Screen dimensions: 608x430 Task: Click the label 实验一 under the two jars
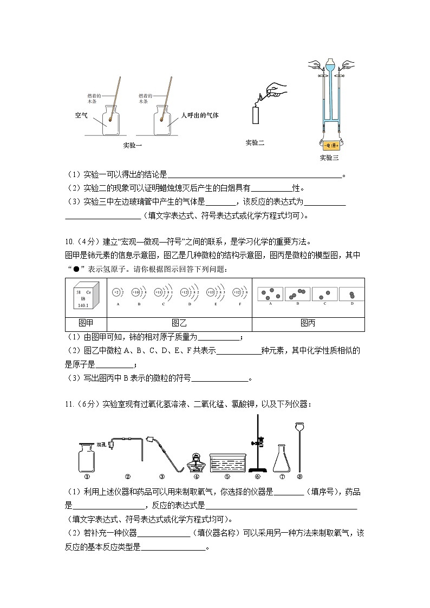132,145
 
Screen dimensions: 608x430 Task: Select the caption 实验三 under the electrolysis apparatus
329,158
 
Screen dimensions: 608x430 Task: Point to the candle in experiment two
256,115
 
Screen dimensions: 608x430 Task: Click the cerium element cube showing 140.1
86,297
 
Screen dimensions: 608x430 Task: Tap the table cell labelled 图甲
86,324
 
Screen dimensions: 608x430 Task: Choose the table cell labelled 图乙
179,324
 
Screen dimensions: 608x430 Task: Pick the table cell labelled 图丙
308,324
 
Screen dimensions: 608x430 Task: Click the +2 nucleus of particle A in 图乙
116,292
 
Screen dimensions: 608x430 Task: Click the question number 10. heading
70,241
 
